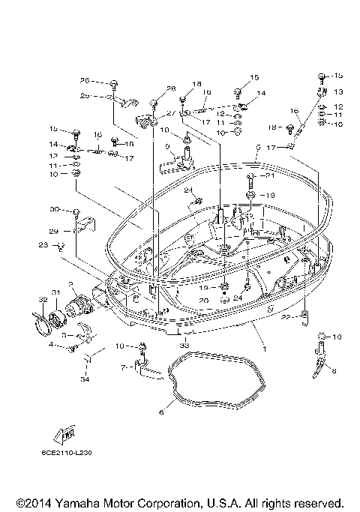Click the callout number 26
coord(85,80)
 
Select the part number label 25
coord(85,96)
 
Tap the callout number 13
coord(337,91)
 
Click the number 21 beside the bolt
coord(271,177)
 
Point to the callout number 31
coord(55,292)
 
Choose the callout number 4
coord(51,345)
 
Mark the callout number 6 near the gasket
coord(159,411)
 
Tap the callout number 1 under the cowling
coord(262,349)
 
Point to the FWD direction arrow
coord(63,433)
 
